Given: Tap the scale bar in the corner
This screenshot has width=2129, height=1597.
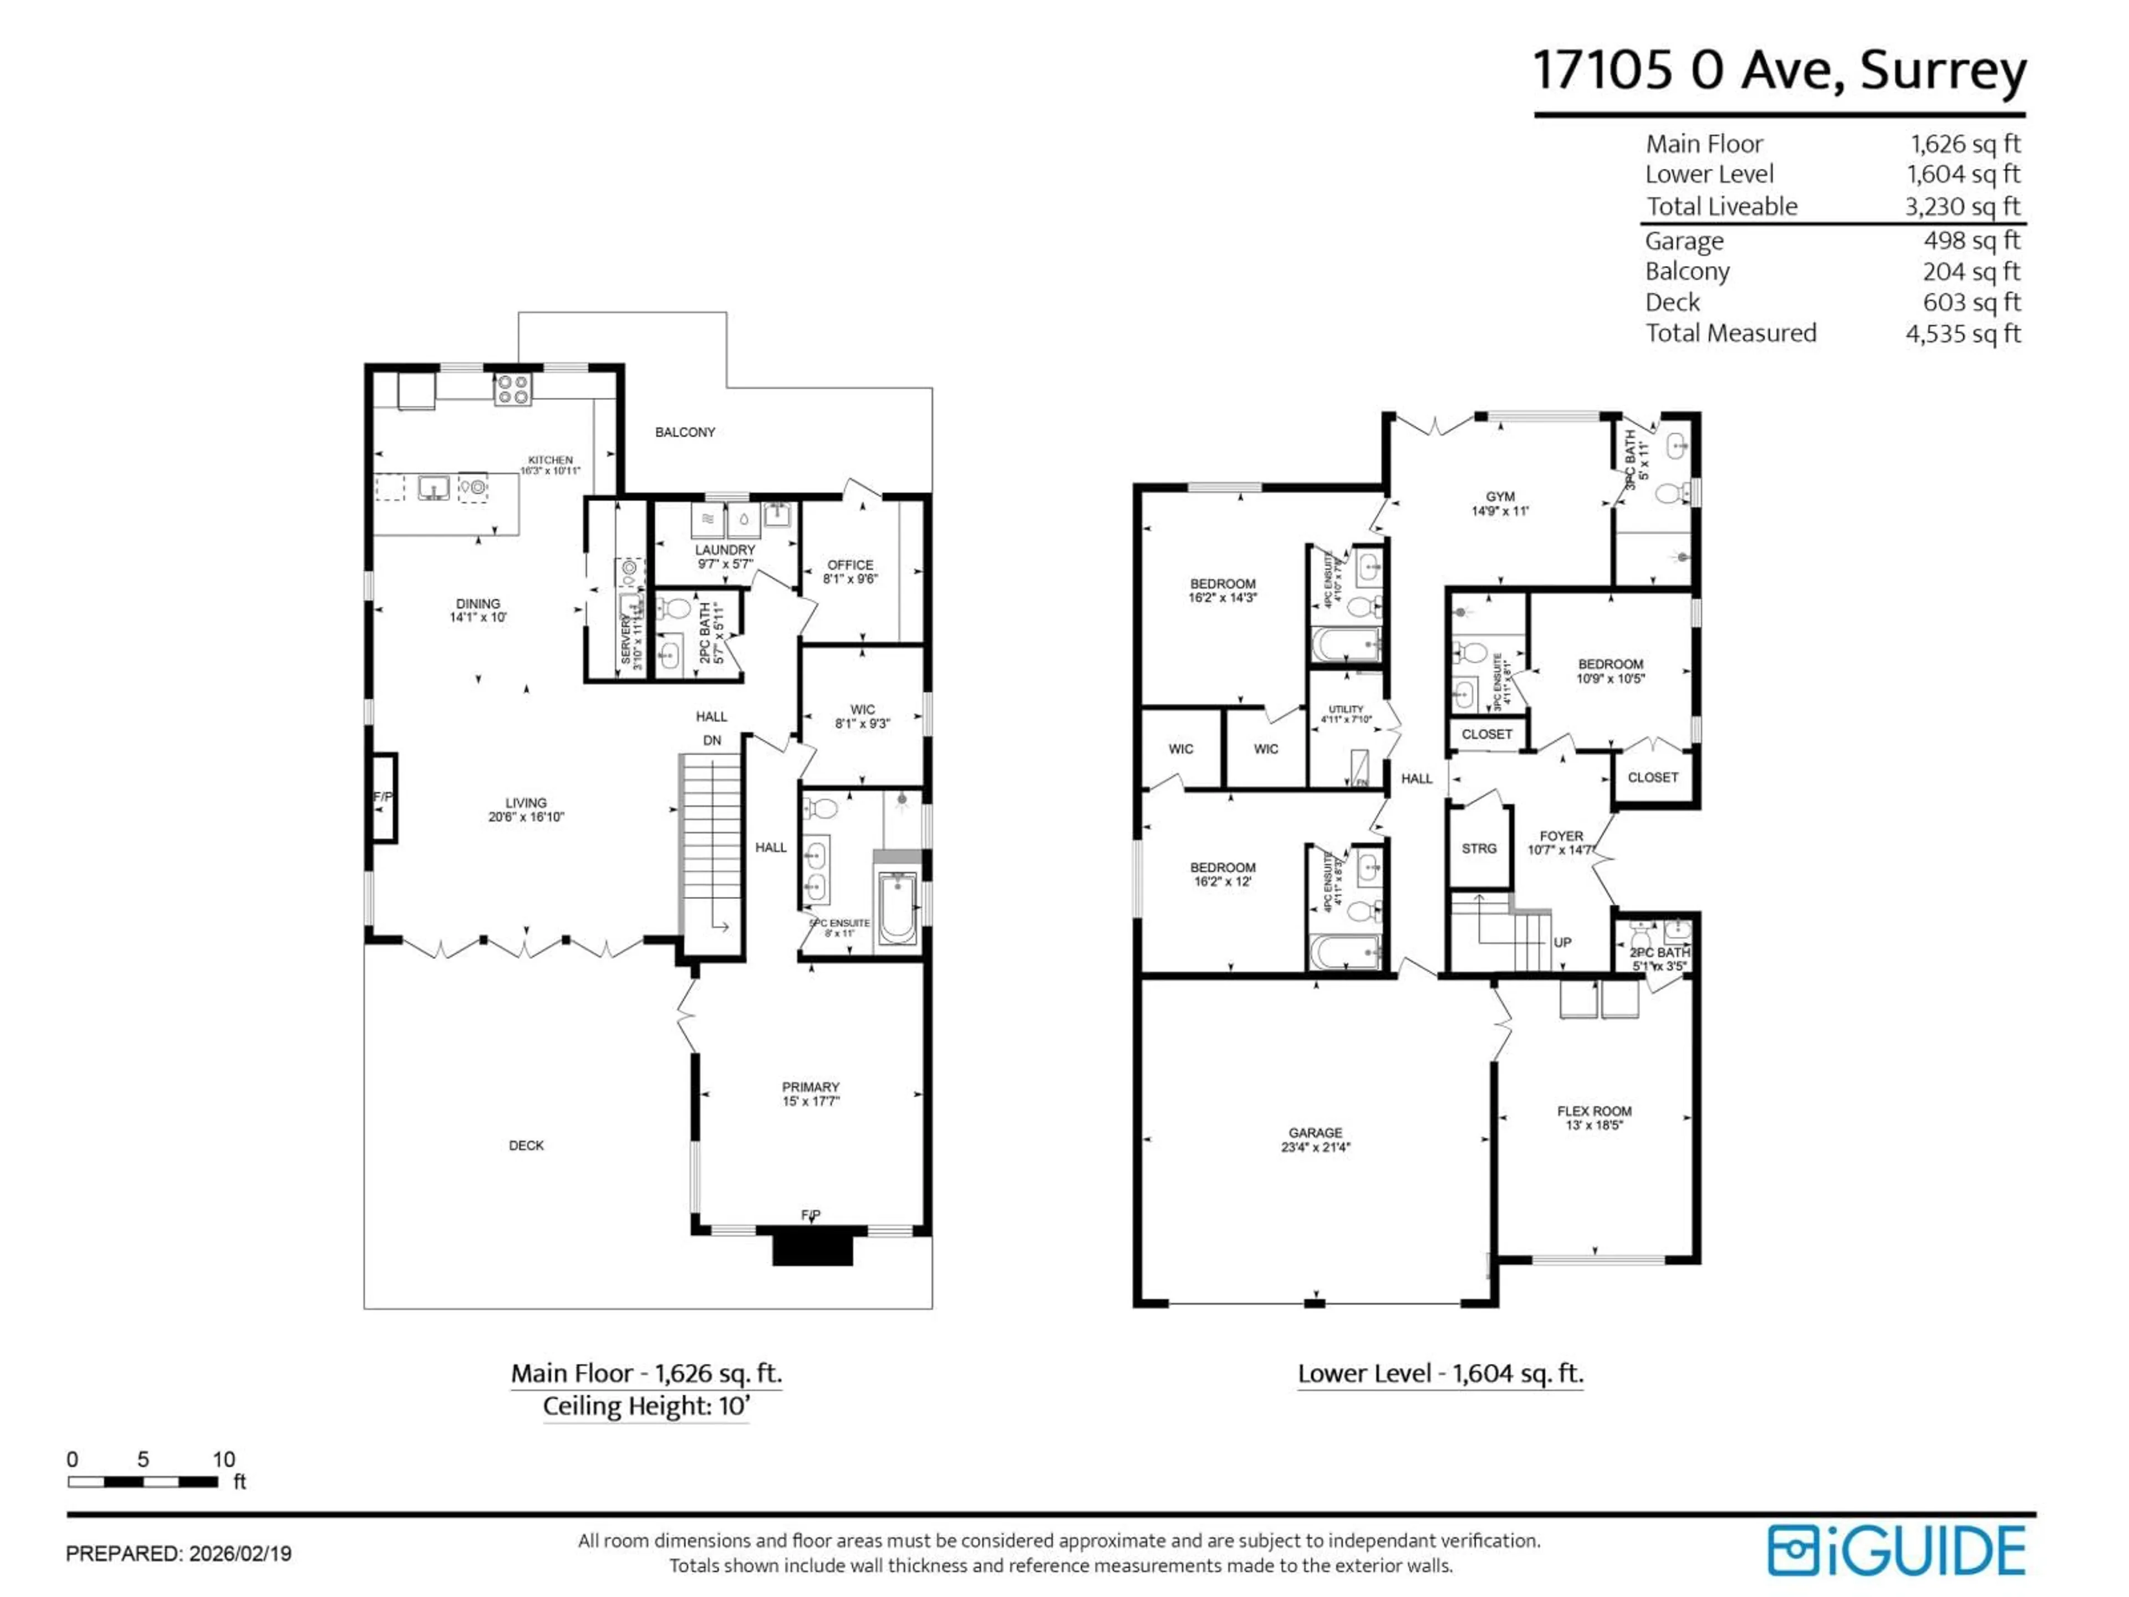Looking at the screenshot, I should pos(142,1482).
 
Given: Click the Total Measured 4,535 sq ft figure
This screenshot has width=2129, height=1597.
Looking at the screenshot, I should pos(1963,333).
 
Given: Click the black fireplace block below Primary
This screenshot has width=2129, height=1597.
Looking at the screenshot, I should pos(813,1249).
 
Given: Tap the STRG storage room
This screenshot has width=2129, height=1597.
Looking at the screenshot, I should pos(1478,848).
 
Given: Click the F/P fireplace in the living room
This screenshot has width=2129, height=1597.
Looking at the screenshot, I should pos(383,797).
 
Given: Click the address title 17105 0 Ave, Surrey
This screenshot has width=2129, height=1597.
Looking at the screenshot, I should pos(1779,70).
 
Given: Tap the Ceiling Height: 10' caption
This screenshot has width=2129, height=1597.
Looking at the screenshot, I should pos(645,1406).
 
